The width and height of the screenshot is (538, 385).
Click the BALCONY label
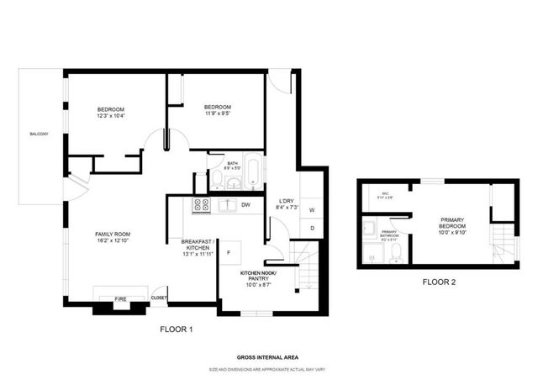pyautogui.click(x=39, y=134)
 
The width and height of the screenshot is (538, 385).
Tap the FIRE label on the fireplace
pyautogui.click(x=120, y=298)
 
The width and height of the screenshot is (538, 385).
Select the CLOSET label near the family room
pyautogui.click(x=158, y=298)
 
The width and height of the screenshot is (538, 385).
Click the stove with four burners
pyautogui.click(x=202, y=204)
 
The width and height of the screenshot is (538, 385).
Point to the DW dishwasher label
pyautogui.click(x=246, y=204)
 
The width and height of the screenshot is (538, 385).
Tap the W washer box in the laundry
pyautogui.click(x=311, y=209)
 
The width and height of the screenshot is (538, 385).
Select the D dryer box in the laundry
pyautogui.click(x=311, y=228)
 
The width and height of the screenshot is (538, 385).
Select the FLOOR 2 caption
pyautogui.click(x=439, y=282)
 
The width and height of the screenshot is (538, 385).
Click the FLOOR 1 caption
pyautogui.click(x=177, y=330)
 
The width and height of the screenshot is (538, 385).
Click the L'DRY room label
pyautogui.click(x=286, y=201)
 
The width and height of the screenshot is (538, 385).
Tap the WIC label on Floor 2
pyautogui.click(x=385, y=193)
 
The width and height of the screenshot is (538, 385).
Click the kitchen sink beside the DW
pyautogui.click(x=225, y=204)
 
